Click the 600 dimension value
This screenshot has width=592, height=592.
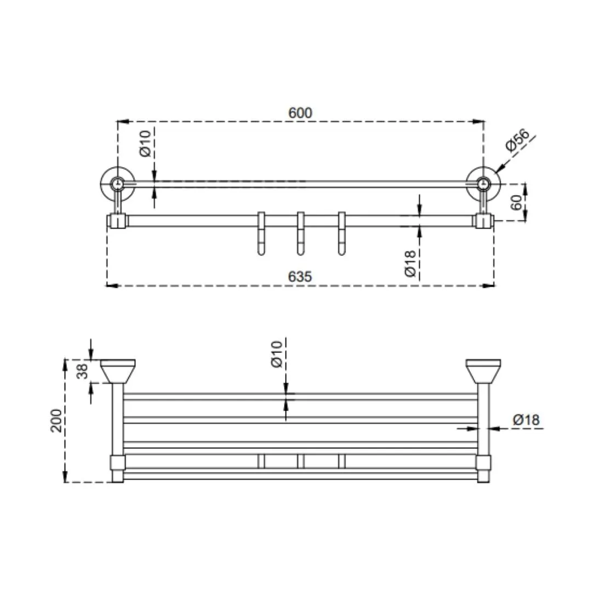300,113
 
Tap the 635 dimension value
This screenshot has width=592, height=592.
300,277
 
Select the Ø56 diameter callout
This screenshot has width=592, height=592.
517,140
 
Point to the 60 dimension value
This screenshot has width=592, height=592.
516,202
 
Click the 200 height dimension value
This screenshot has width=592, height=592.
56,420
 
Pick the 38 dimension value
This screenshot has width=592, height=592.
82,371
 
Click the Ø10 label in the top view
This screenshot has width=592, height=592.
145,144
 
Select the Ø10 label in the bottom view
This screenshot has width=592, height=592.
276,354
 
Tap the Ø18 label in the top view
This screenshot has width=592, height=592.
410,263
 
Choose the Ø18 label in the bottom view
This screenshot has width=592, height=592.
526,419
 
